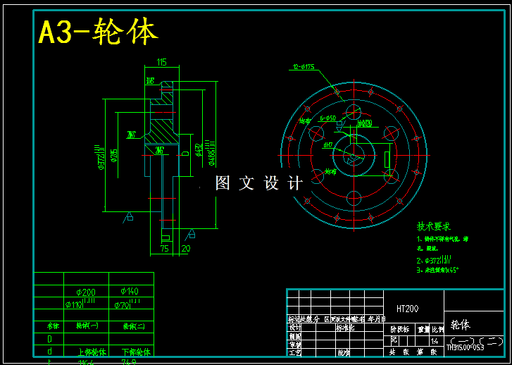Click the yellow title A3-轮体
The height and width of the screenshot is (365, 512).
pos(98,32)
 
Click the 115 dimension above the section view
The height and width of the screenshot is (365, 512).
pos(161,63)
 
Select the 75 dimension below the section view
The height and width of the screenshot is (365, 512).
pos(165,249)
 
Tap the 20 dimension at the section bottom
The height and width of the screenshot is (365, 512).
pos(186,249)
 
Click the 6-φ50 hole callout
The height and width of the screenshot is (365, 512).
pos(327,118)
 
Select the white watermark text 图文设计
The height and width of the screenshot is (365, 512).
pos(258,183)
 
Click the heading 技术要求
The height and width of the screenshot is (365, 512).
pos(434,227)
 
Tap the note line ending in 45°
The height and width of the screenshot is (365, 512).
pos(437,269)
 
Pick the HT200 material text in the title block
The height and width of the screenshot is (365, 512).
pos(407,309)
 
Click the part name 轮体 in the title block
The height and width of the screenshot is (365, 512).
pos(460,325)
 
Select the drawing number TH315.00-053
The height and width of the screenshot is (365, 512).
pos(475,347)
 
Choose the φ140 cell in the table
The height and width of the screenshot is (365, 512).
pos(130,291)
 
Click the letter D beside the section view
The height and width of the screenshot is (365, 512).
pos(185,152)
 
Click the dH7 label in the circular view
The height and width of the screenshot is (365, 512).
pos(328,145)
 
